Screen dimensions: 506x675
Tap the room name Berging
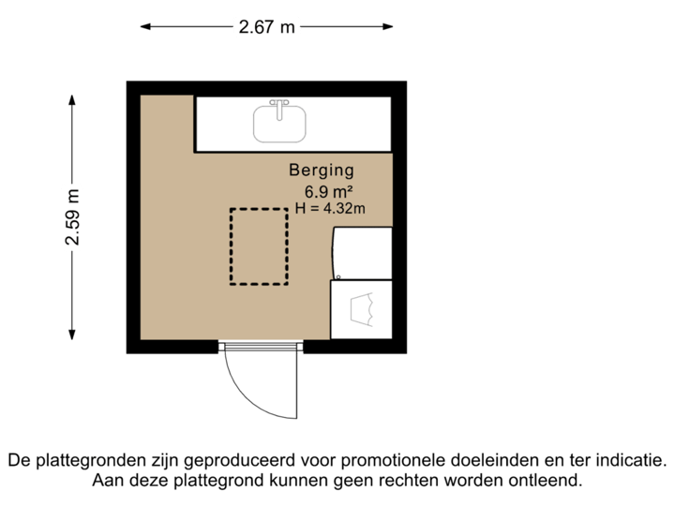pos(322,171)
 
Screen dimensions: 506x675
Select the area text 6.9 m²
pos(322,190)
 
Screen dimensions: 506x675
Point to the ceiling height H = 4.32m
pos(329,208)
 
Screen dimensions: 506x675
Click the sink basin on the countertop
pos(279,123)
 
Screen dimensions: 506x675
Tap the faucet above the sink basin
pos(279,102)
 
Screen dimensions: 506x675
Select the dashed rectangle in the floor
pos(260,246)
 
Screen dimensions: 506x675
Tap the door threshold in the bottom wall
pos(261,348)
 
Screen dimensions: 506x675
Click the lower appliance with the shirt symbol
pos(360,309)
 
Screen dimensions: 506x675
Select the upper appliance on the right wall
pos(362,253)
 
